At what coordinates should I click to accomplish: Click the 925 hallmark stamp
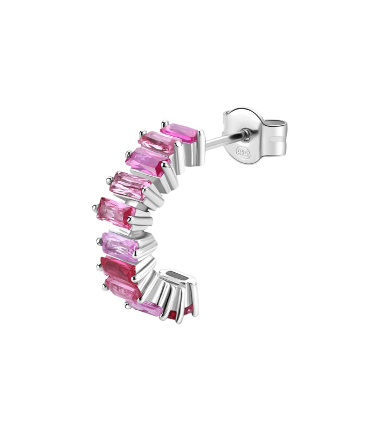pos(243,152)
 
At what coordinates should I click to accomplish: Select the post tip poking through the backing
pos(246,136)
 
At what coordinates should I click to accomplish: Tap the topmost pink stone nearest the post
pos(179,133)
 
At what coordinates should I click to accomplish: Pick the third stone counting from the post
pos(148,162)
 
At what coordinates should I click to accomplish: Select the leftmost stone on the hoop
pos(116,213)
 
